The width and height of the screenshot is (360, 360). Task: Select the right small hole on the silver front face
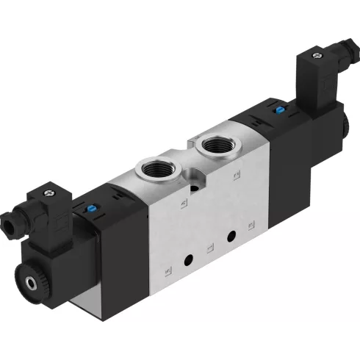[231, 237]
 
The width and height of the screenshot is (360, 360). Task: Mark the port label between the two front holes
[209, 248]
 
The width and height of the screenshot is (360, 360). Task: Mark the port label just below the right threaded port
[235, 175]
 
